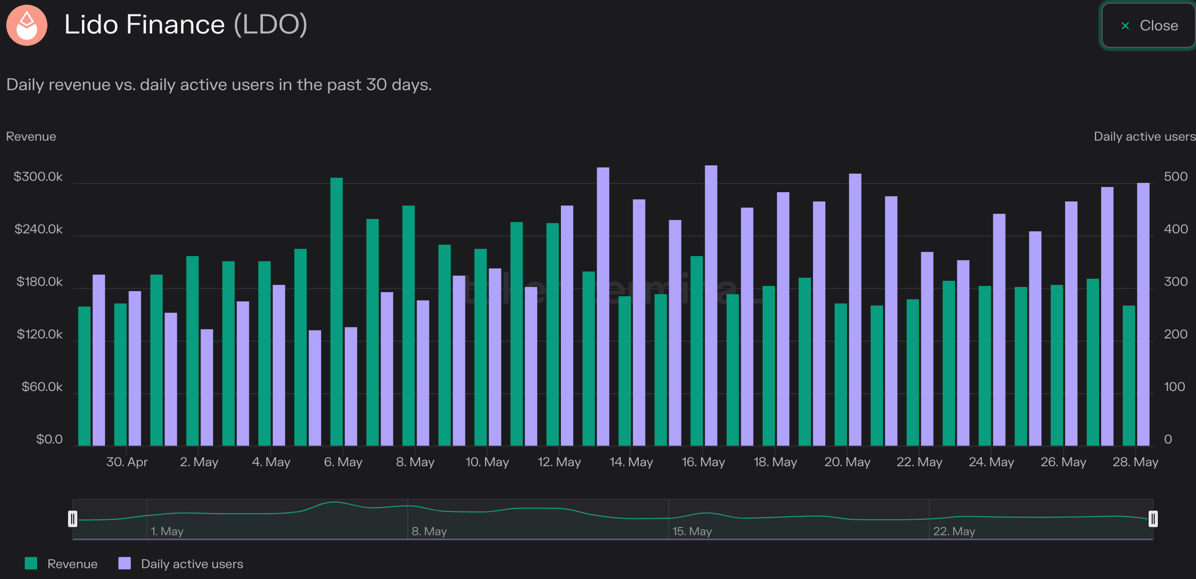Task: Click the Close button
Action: click(x=1149, y=25)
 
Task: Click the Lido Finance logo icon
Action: click(x=27, y=25)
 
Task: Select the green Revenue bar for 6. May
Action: click(x=337, y=312)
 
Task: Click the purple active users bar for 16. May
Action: click(x=711, y=305)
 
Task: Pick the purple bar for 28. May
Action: click(x=1143, y=314)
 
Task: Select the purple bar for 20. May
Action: click(x=855, y=310)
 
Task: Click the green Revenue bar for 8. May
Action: click(x=409, y=326)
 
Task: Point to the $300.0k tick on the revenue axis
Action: click(x=38, y=177)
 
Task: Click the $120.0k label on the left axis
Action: click(x=40, y=334)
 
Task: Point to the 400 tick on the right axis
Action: click(x=1176, y=229)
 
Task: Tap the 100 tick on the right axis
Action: click(x=1174, y=387)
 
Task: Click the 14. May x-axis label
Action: click(x=632, y=462)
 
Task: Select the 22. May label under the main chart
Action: click(x=919, y=462)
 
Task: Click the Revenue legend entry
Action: click(x=61, y=564)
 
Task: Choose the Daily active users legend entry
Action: click(x=181, y=564)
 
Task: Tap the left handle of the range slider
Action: click(x=73, y=519)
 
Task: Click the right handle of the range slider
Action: click(x=1153, y=519)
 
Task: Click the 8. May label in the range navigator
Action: click(x=429, y=531)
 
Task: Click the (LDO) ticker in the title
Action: click(x=271, y=25)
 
